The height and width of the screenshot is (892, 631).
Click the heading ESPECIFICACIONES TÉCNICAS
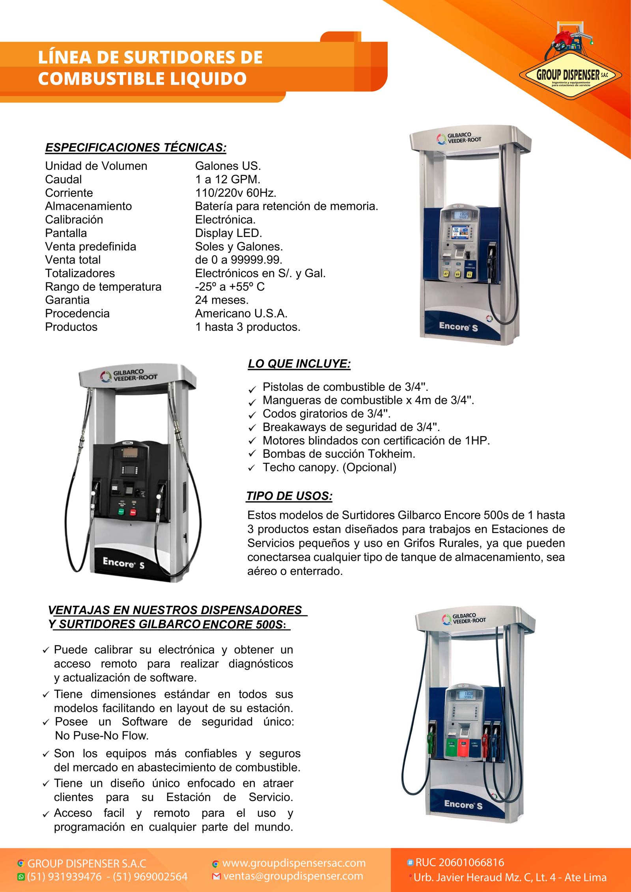[136, 147]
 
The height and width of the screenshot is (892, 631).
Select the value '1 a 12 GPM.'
[228, 179]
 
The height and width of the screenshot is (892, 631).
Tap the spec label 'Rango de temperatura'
[103, 287]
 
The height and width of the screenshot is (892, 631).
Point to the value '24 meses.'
[222, 300]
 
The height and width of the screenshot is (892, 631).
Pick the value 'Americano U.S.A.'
[241, 314]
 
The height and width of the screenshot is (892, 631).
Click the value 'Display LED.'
[228, 233]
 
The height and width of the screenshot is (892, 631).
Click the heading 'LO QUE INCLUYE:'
[299, 364]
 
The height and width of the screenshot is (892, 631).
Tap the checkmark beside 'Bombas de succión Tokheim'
[252, 454]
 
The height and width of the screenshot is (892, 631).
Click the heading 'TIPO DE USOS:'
[289, 496]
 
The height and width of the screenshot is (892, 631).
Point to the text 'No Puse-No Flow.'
[102, 735]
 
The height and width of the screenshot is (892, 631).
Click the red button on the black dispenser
[133, 512]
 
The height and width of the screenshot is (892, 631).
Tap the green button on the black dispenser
[121, 511]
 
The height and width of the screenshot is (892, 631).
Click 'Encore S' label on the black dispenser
[123, 563]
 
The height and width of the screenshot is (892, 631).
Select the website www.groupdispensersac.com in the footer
[294, 863]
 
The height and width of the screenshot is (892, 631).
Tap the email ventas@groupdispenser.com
[293, 876]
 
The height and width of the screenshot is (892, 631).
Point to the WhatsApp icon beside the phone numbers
[21, 877]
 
